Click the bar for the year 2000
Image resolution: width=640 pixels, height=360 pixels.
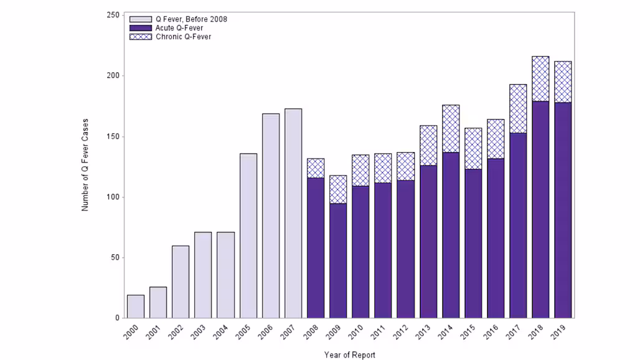[136, 306]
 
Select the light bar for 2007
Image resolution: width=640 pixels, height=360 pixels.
[293, 213]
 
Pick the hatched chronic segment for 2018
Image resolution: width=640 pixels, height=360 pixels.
[540, 79]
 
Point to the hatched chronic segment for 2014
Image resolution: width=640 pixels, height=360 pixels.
[451, 129]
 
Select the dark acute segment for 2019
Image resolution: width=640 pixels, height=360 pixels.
[563, 211]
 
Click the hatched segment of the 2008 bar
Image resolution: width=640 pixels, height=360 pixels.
[316, 168]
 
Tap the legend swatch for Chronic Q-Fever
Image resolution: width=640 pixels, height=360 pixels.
[140, 37]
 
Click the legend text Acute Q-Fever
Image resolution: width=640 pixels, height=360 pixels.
[179, 28]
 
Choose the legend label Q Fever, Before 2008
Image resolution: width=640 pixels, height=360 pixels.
[191, 19]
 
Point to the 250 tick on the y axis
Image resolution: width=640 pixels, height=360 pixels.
[114, 15]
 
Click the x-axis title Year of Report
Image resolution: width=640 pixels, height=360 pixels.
[349, 355]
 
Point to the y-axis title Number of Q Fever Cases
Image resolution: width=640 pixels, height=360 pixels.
[85, 164]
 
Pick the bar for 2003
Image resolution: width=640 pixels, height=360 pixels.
[203, 275]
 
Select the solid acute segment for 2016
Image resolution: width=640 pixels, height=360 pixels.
[496, 238]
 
